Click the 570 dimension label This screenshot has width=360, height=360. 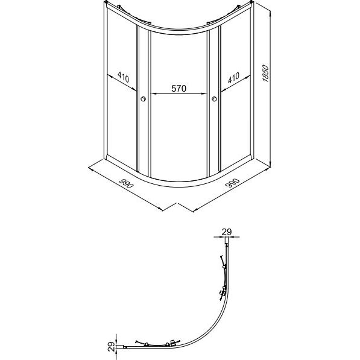(179, 89)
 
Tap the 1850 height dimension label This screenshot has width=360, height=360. (266, 73)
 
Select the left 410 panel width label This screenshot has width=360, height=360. (123, 77)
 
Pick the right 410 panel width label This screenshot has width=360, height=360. (234, 78)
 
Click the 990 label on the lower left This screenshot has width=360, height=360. (127, 183)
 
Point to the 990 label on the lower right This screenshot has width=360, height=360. (233, 183)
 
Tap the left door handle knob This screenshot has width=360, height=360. (144, 99)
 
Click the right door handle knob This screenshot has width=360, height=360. (215, 99)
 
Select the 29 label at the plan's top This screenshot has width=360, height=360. (227, 232)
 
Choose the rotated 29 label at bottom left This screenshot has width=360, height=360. (111, 347)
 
